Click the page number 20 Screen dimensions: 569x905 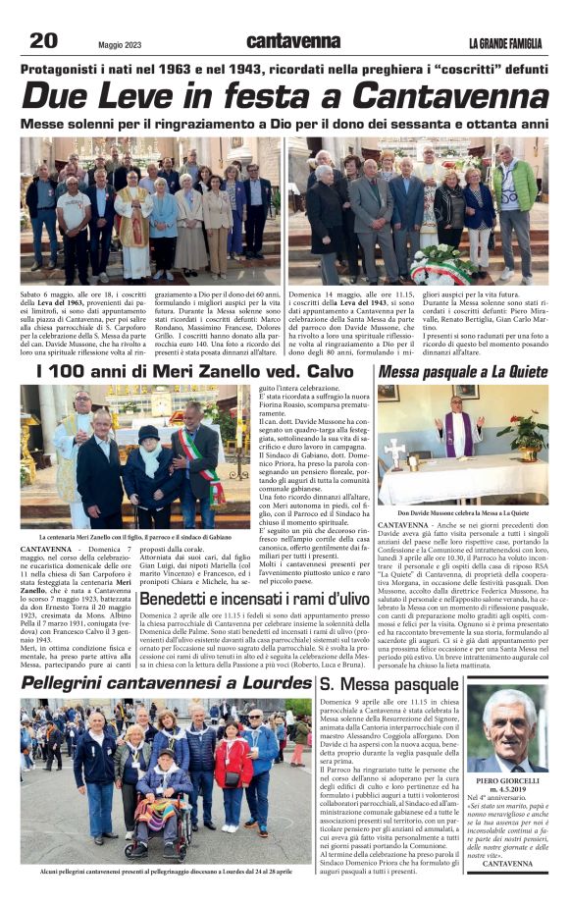coord(43,39)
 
